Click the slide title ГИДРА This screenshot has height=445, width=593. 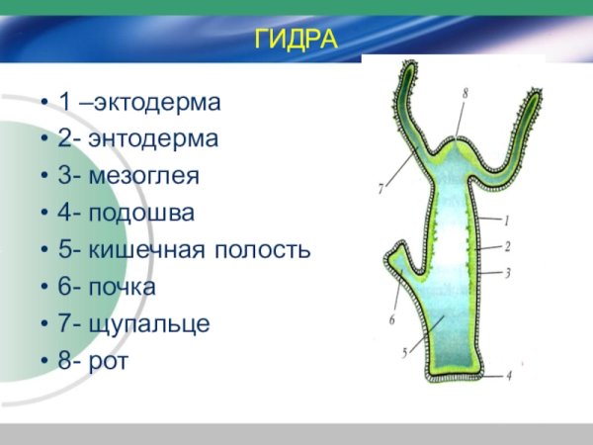296,40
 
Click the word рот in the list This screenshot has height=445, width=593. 109,361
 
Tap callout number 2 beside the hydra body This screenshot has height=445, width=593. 506,245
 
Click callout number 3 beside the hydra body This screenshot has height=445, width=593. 506,271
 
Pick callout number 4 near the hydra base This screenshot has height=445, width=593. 509,376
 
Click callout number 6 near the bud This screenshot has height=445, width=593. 391,319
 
